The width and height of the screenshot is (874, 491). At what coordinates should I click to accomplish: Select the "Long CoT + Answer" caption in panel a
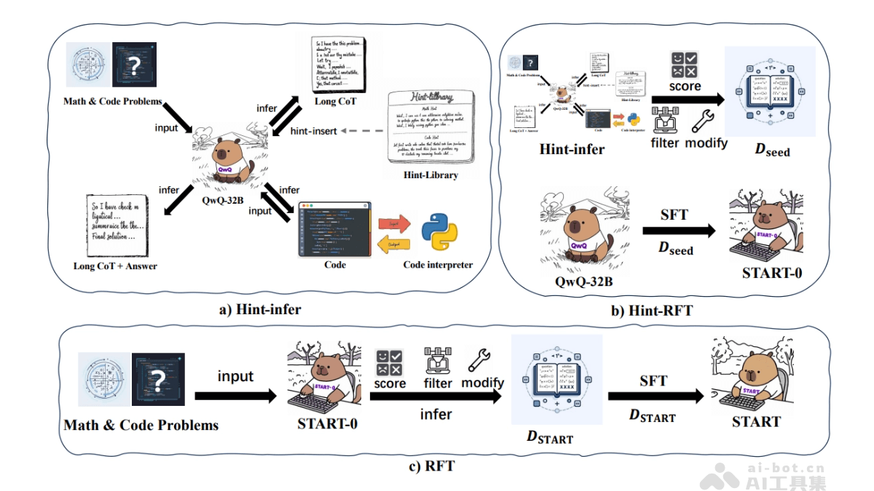pos(115,266)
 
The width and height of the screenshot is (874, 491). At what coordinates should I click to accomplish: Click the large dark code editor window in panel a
pos(334,229)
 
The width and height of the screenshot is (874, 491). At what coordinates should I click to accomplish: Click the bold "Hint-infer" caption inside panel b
pos(572,149)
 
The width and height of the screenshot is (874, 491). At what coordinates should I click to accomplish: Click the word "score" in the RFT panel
pos(390,383)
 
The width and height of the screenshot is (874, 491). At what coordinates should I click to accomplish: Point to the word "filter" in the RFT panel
pos(438,383)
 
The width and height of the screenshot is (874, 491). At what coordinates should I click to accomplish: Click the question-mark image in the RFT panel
pos(158,379)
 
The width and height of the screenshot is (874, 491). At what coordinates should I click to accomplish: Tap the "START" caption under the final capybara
pos(756,422)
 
